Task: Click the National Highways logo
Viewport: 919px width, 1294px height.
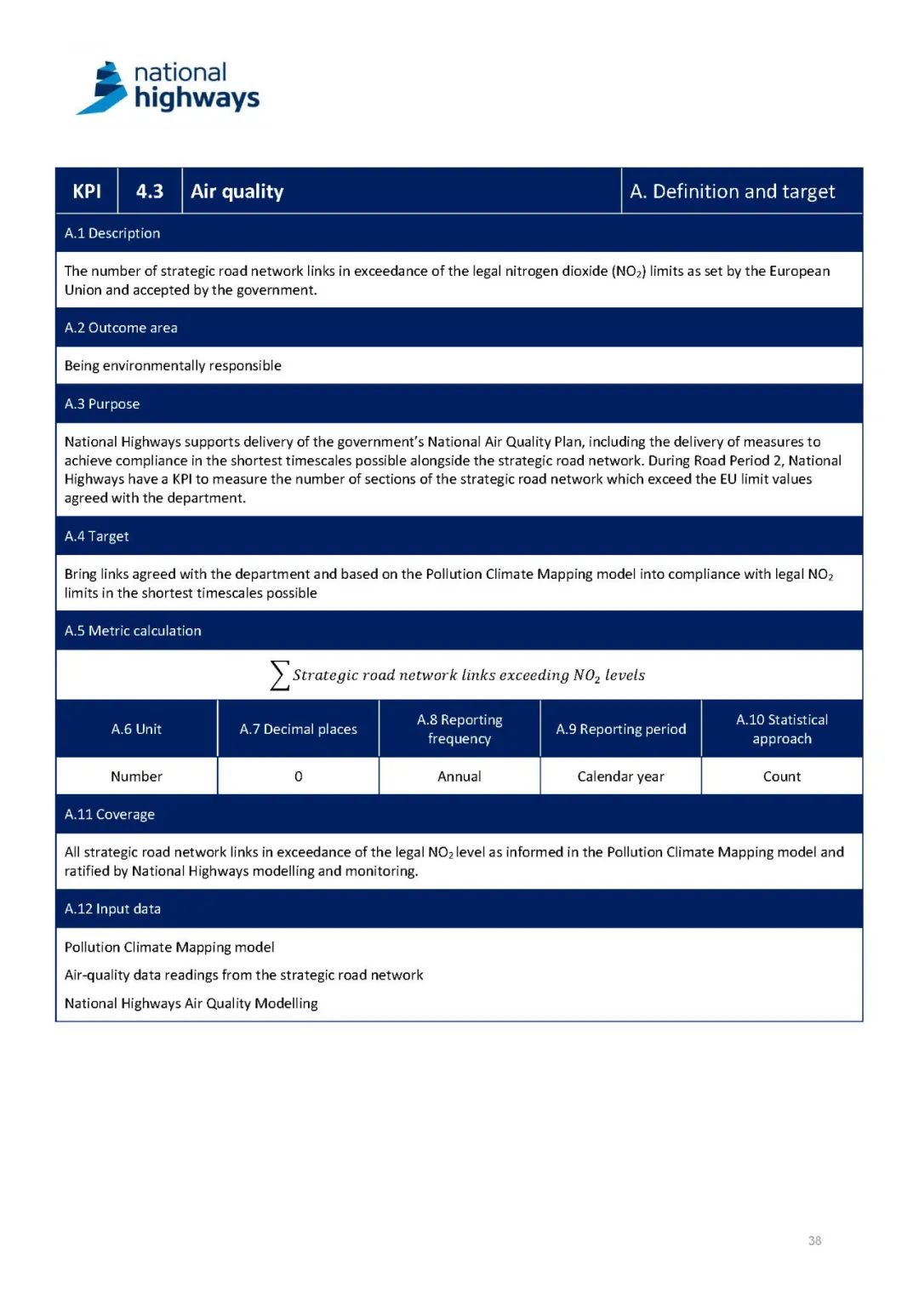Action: [168, 88]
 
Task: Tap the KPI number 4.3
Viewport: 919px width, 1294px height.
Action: [150, 192]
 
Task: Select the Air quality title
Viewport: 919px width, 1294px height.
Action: [237, 192]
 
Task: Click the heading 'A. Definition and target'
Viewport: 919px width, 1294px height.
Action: [732, 192]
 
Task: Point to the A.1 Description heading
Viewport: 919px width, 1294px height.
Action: [112, 233]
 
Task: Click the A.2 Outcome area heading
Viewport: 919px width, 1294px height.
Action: [121, 328]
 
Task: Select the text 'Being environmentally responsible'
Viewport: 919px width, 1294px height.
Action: [173, 365]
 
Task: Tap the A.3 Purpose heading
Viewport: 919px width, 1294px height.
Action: [102, 404]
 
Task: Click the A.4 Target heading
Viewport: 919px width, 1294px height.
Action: [97, 536]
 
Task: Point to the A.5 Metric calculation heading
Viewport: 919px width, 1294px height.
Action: [133, 631]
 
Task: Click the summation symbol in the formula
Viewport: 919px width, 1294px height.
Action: [279, 675]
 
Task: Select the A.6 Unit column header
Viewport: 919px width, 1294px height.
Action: [136, 729]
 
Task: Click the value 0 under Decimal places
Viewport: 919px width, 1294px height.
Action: [299, 776]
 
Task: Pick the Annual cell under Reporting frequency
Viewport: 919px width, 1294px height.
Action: [459, 776]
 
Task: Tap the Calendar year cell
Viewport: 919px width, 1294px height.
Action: [620, 776]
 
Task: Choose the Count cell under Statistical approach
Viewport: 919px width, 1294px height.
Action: [782, 776]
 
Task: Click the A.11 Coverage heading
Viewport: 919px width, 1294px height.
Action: [110, 815]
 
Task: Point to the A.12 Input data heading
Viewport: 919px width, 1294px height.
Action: [112, 909]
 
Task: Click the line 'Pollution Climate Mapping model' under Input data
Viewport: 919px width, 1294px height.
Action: [169, 948]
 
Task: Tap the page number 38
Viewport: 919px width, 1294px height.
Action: [814, 1241]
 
